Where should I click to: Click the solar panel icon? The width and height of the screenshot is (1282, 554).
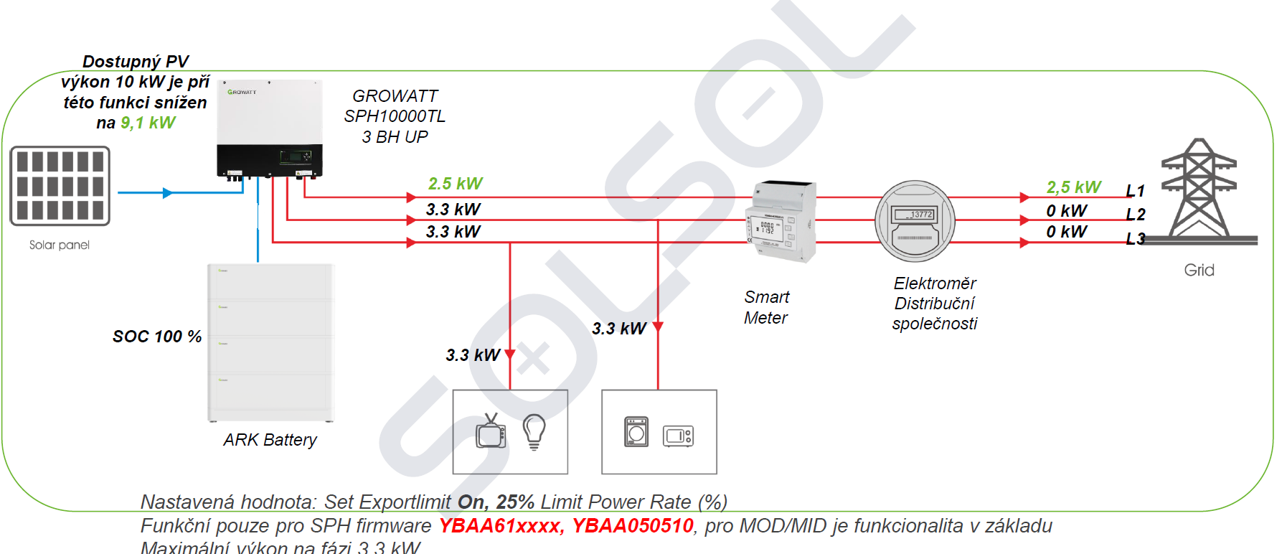(x=60, y=186)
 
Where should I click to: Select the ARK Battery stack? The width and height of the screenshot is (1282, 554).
(x=270, y=343)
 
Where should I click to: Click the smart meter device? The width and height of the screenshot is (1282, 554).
(x=781, y=221)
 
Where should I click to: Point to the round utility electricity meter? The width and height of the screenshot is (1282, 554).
(x=915, y=221)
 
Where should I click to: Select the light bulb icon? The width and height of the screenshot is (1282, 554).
(x=534, y=431)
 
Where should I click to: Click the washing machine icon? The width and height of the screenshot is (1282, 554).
(x=636, y=432)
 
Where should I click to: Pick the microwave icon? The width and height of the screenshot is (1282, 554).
(x=678, y=436)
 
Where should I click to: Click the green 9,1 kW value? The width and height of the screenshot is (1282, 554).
(x=148, y=123)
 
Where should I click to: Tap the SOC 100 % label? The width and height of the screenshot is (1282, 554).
(x=157, y=337)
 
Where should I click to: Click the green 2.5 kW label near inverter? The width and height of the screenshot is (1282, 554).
(x=456, y=184)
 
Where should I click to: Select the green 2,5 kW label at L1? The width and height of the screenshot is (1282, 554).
(x=1073, y=187)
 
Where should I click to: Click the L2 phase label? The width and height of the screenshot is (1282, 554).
(x=1135, y=215)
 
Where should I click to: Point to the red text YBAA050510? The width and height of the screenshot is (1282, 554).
(x=632, y=526)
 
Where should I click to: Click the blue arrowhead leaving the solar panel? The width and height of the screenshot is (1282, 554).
(x=167, y=193)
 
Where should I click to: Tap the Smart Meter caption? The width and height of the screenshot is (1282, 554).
(x=766, y=307)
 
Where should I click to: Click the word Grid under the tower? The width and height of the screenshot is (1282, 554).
(x=1199, y=270)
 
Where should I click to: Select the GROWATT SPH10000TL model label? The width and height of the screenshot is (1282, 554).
(x=395, y=116)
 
